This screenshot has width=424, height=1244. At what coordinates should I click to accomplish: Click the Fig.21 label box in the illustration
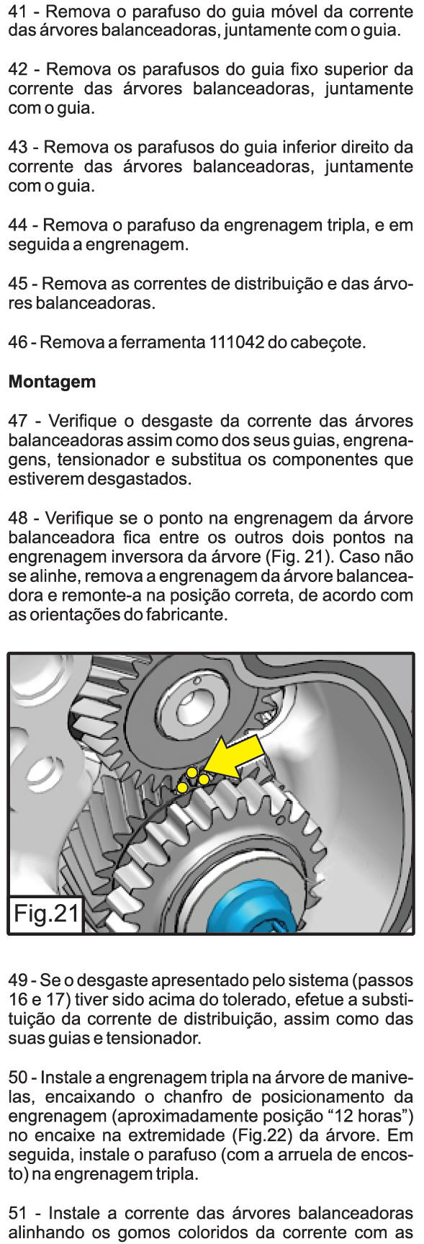tap(46, 913)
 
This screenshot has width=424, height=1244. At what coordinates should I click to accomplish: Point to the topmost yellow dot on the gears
tap(192, 772)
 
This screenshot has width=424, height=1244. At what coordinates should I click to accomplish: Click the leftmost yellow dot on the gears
tap(183, 787)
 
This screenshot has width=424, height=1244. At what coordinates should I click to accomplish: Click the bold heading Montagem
tap(52, 382)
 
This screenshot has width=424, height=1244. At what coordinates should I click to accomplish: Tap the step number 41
tap(17, 12)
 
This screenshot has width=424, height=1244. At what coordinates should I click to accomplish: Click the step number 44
tap(18, 225)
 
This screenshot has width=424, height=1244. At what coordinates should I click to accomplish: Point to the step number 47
tap(18, 421)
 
